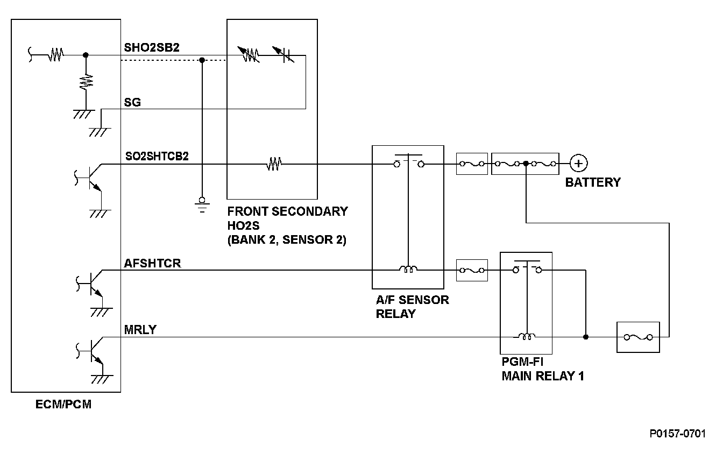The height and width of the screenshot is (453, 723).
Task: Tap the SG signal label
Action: click(132, 102)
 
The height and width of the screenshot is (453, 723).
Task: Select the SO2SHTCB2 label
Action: click(156, 156)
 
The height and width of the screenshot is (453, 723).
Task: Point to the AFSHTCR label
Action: click(152, 263)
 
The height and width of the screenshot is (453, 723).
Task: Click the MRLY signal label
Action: click(140, 330)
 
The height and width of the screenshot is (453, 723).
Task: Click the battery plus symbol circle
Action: click(579, 164)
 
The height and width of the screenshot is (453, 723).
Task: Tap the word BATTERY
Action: click(592, 182)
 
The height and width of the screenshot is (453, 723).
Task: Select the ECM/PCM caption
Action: click(63, 405)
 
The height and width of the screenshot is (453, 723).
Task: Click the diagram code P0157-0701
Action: click(677, 434)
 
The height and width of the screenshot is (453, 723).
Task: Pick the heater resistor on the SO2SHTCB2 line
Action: click(274, 164)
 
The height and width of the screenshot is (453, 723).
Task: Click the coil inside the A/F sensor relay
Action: click(408, 270)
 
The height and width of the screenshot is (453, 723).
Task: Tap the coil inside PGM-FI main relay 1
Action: click(527, 337)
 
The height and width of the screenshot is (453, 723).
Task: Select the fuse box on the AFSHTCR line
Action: click(472, 270)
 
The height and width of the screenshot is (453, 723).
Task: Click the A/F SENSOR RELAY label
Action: click(412, 306)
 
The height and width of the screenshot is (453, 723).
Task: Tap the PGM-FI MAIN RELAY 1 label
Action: click(542, 369)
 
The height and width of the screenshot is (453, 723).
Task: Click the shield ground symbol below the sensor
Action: click(202, 204)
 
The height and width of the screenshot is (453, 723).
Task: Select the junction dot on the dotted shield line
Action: click(202, 60)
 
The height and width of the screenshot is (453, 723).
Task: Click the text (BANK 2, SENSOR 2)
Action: click(286, 240)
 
